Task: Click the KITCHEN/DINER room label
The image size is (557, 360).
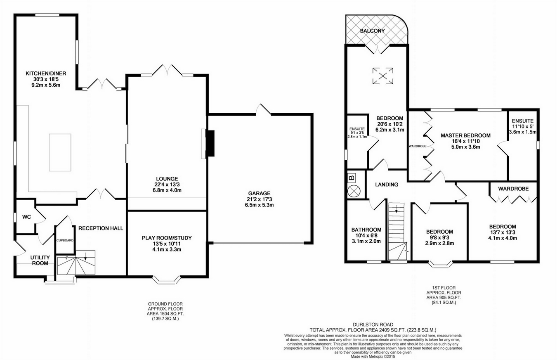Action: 46,73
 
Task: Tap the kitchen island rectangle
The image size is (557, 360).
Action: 60,152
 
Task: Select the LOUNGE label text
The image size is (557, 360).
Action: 167,178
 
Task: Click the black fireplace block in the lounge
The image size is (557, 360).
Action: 210,143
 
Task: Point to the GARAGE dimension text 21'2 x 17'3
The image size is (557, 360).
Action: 259,199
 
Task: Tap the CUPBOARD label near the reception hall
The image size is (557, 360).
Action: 65,240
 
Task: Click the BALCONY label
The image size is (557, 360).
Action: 372,31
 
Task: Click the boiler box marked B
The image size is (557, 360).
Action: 352,178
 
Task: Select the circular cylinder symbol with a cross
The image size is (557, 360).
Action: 354,191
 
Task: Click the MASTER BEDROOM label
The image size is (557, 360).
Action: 465,135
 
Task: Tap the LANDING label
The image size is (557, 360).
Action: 387,185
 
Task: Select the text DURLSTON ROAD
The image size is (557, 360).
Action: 373,324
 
